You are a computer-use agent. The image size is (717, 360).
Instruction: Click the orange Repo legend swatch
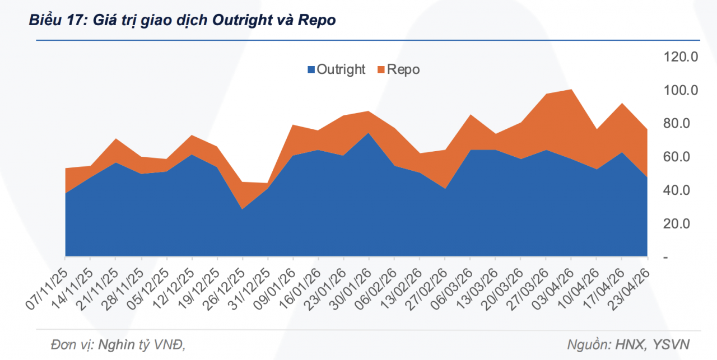point(381,70)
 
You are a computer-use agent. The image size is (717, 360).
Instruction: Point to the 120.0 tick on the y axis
point(680,57)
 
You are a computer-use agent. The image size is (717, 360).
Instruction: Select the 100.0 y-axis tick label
point(680,90)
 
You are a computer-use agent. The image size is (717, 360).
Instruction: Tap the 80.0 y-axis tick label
point(681,123)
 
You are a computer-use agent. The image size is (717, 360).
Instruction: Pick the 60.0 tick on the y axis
point(681,157)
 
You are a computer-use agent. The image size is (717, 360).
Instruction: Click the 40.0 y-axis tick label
point(681,190)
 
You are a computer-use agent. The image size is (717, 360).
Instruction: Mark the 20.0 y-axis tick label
point(681,223)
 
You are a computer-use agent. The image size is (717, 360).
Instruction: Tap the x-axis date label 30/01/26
point(350,287)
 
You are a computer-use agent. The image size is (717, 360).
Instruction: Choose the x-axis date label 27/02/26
point(425,287)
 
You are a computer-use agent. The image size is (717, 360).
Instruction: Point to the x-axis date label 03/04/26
point(552,287)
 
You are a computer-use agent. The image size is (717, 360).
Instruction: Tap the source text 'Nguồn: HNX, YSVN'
point(628,344)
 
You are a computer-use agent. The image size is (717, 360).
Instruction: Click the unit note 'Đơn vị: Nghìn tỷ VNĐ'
point(117,344)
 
